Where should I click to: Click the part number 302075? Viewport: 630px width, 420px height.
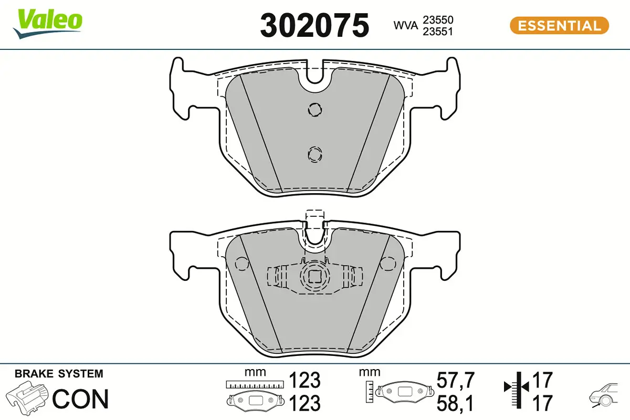314,26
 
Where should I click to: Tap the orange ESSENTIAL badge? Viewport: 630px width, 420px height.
559,25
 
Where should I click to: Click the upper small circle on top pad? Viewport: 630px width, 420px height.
315,109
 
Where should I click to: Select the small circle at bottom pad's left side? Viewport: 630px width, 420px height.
241,264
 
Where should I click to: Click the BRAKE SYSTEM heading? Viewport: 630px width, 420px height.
59,374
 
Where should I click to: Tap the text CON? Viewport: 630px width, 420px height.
80,399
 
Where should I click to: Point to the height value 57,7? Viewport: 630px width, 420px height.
456,379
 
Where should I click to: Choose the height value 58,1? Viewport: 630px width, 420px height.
456,403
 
